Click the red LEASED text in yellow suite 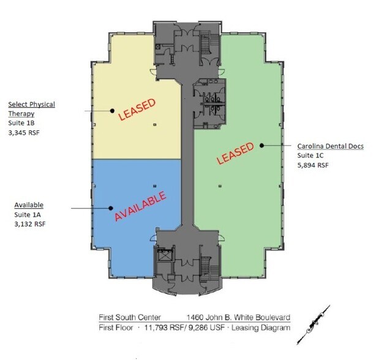pos(137,109)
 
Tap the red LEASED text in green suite pos(235,153)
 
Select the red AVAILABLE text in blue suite pos(140,206)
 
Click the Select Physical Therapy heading pos(31,109)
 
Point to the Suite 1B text pos(21,123)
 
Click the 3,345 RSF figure pos(24,132)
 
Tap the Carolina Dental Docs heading pos(330,146)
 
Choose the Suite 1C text pos(310,156)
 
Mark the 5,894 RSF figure pos(313,165)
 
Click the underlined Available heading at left pos(29,205)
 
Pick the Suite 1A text pos(28,215)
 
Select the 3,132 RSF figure pos(30,224)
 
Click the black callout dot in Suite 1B pos(112,111)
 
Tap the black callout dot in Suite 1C pos(261,145)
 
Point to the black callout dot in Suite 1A pos(111,208)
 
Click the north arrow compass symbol pos(313,324)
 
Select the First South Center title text pos(130,317)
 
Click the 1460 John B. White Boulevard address pos(238,317)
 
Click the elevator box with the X pos(165,256)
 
